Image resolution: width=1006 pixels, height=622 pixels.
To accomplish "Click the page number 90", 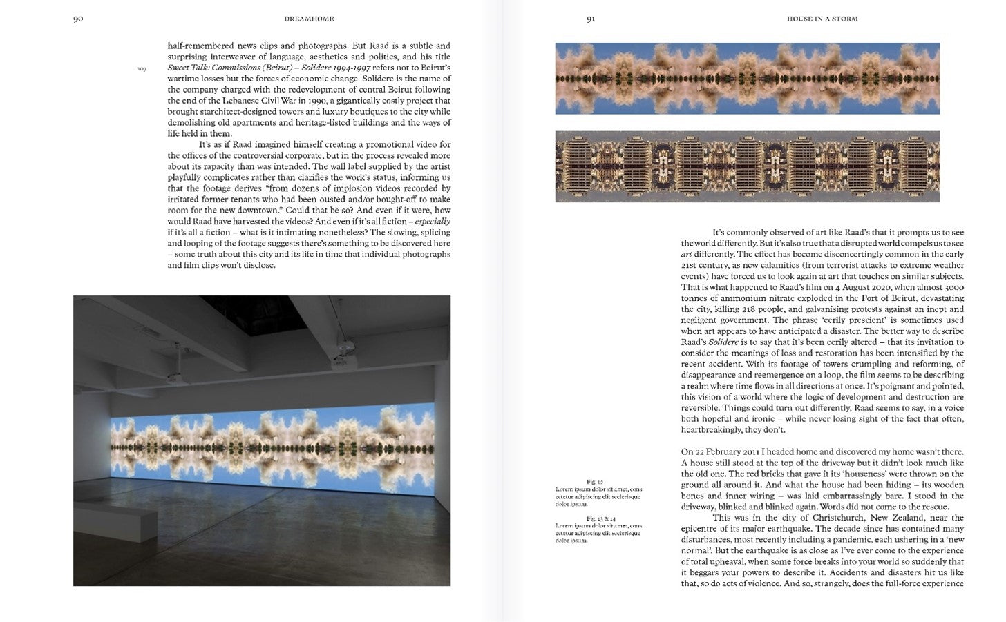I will pos(78,19).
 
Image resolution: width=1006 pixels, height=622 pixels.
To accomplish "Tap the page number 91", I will pos(591,19).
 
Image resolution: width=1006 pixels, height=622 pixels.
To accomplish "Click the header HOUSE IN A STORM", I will pos(822,19).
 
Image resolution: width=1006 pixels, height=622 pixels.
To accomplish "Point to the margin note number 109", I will pos(142,69).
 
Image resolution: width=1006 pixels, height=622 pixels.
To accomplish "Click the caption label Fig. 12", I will pos(595,481).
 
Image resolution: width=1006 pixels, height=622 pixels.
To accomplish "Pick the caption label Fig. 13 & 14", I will pos(600,518).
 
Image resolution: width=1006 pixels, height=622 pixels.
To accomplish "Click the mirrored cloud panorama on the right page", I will pos(747,78).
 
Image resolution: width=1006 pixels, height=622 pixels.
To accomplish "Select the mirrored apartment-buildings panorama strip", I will pos(747,166).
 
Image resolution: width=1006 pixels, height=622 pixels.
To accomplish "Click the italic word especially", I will pos(432,222).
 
